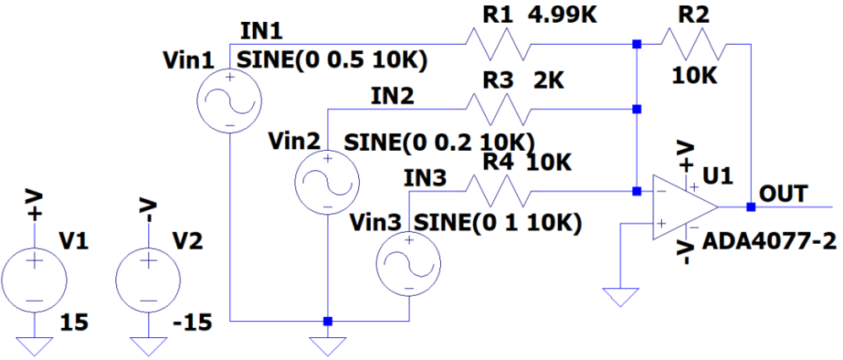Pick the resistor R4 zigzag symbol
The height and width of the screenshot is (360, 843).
497,190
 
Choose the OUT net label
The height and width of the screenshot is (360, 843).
784,192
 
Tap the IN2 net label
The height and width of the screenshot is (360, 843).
392,95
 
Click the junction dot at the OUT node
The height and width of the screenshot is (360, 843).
749,207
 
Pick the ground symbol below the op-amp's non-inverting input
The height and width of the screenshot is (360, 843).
620,296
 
